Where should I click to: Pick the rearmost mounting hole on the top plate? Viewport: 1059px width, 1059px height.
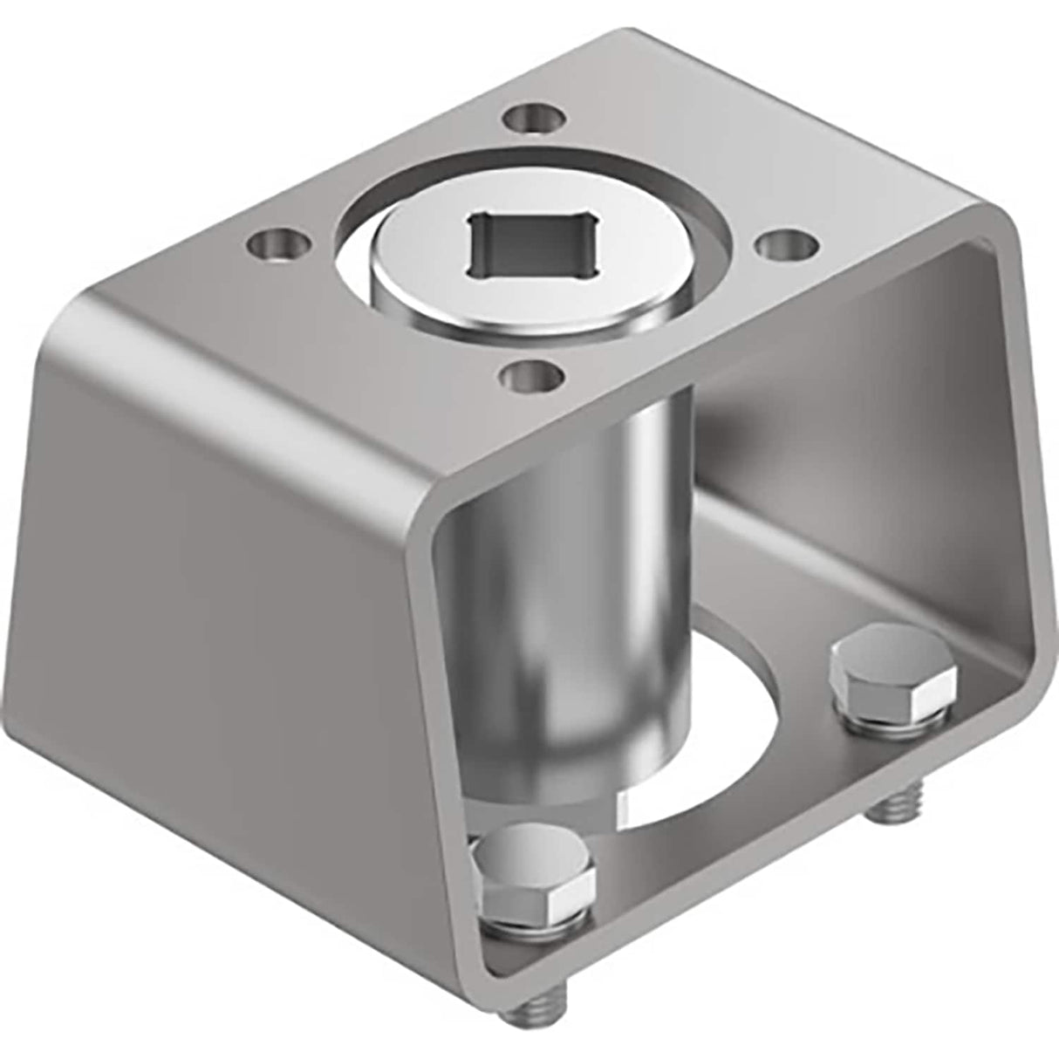(x=534, y=117)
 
